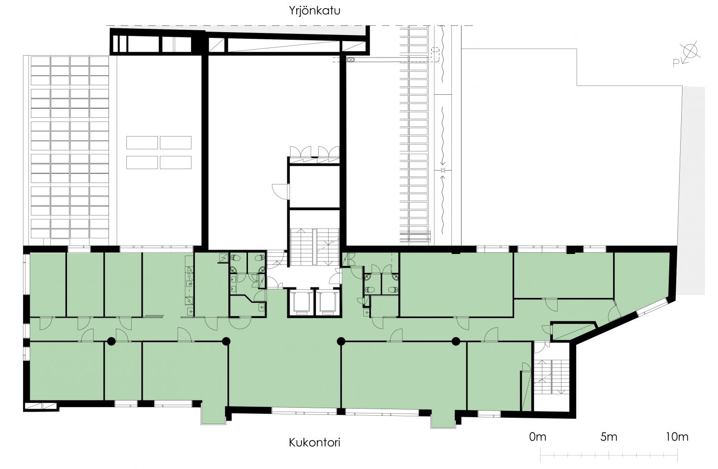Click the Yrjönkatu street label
(314, 11)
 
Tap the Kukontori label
(314, 442)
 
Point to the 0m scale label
(538, 436)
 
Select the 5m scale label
(609, 436)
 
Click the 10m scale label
(677, 436)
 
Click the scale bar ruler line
(609, 455)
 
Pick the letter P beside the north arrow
(676, 63)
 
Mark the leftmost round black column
(111, 341)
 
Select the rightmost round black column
(456, 341)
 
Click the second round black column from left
(226, 341)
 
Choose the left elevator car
(301, 302)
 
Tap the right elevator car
(327, 302)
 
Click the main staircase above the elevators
(314, 247)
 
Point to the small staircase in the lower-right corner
(551, 377)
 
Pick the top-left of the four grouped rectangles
(142, 143)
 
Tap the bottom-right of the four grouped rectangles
(176, 163)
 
